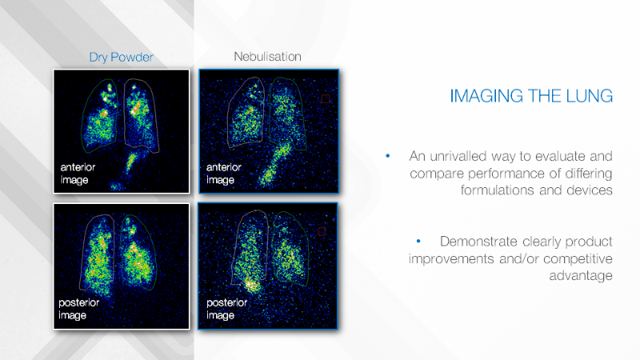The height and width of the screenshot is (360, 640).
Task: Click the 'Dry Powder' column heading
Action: pyautogui.click(x=122, y=57)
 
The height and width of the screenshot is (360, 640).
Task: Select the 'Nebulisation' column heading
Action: pyautogui.click(x=267, y=56)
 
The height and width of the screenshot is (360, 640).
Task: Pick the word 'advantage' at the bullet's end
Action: pyautogui.click(x=581, y=276)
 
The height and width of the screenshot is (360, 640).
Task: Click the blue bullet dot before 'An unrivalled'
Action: pyautogui.click(x=388, y=155)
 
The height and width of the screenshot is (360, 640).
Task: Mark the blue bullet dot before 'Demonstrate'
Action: pyautogui.click(x=418, y=242)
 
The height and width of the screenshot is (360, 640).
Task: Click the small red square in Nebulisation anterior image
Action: pyautogui.click(x=326, y=98)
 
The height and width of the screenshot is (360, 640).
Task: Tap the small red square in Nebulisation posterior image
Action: pyautogui.click(x=322, y=231)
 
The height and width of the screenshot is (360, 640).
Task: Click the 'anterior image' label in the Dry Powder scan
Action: pyautogui.click(x=78, y=174)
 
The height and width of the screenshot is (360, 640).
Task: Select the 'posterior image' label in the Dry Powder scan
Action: pyautogui.click(x=78, y=309)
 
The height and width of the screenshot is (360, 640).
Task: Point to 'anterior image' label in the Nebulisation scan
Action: pyautogui.click(x=223, y=174)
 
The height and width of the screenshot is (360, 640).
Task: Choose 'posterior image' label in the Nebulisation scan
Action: pyautogui.click(x=226, y=309)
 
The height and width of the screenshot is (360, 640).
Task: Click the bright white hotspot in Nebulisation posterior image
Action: pyautogui.click(x=252, y=285)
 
